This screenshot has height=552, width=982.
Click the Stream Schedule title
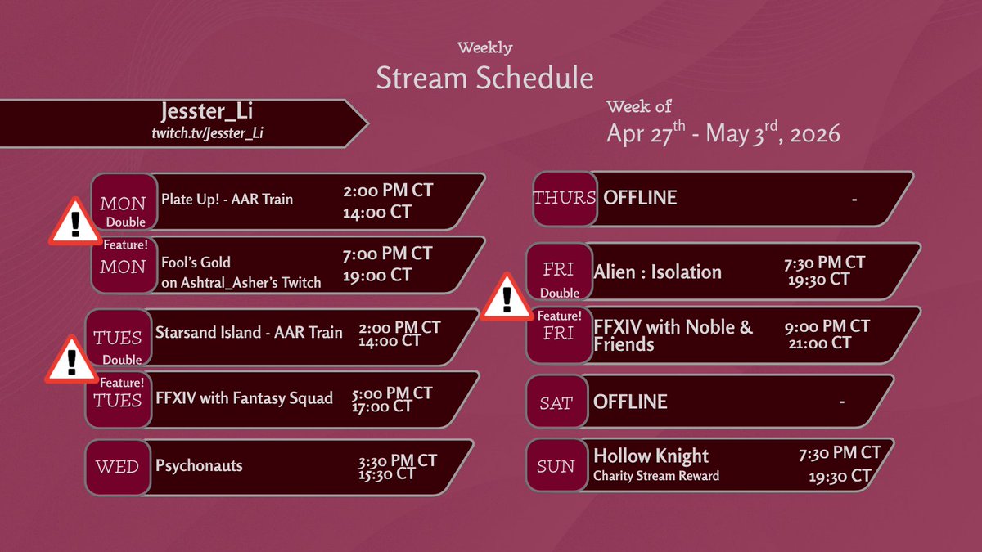click(484, 78)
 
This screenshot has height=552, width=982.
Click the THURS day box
click(564, 199)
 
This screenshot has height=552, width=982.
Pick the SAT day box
click(556, 402)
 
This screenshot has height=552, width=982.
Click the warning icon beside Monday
click(74, 221)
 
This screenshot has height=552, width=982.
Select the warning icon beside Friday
click(506, 298)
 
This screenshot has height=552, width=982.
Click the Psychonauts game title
click(199, 466)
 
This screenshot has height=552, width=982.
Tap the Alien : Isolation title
click(657, 272)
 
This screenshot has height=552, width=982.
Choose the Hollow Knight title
click(651, 456)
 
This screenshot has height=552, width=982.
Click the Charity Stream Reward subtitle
click(656, 476)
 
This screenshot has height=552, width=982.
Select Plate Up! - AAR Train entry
click(227, 199)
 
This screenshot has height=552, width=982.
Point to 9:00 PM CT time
click(827, 326)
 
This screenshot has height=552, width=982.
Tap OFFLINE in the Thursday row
click(640, 198)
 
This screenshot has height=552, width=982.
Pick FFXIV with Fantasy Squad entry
click(244, 399)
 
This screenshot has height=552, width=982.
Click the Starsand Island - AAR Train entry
click(249, 333)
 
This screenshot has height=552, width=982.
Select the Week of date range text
click(723, 132)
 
